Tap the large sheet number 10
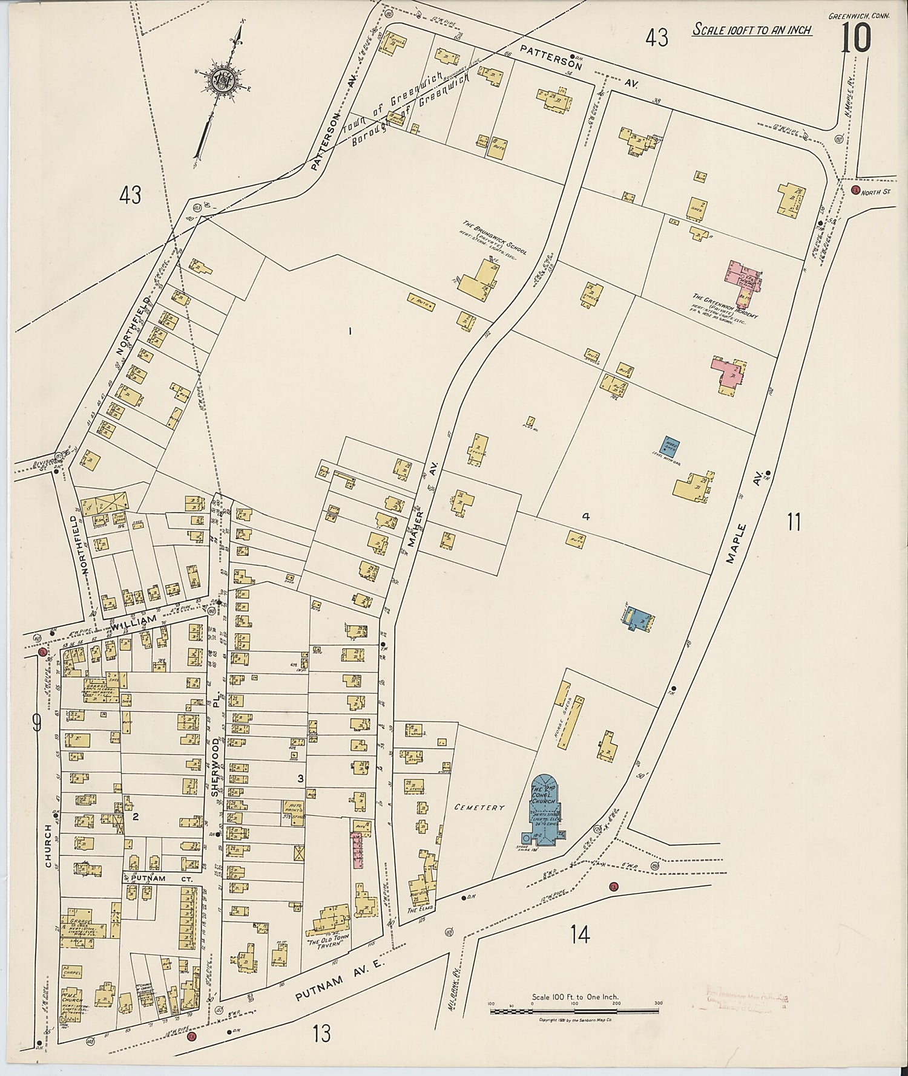click(x=855, y=37)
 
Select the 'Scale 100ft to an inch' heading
click(x=752, y=30)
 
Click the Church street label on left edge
click(x=48, y=845)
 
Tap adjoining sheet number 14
click(x=580, y=935)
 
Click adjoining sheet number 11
click(x=794, y=521)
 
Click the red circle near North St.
click(x=855, y=191)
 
